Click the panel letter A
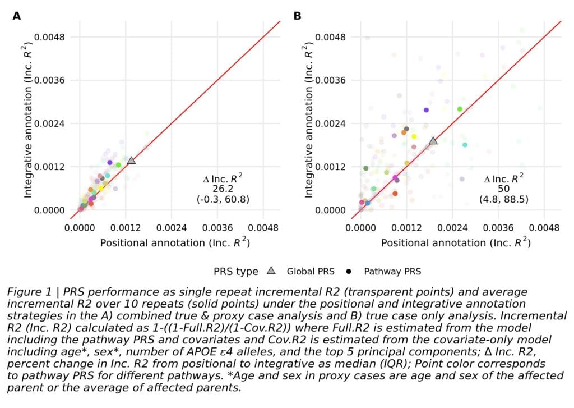pos(16,16)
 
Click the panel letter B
pos(297,16)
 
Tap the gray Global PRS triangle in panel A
pos(131,160)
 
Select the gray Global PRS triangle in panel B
pos(433,140)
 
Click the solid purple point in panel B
pos(426,110)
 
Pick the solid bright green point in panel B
pos(460,109)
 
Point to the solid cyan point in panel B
pos(465,145)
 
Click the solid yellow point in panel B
pos(414,136)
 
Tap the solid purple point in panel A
pos(110,162)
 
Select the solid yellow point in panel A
pos(101,188)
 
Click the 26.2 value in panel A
pos(223,189)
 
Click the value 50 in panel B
pos(504,189)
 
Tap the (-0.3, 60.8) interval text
pos(223,199)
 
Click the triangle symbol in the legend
pos(271,271)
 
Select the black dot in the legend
pos(349,272)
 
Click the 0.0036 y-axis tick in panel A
pos(49,80)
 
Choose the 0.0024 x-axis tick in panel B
pos(452,228)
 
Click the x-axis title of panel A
pos(175,242)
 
